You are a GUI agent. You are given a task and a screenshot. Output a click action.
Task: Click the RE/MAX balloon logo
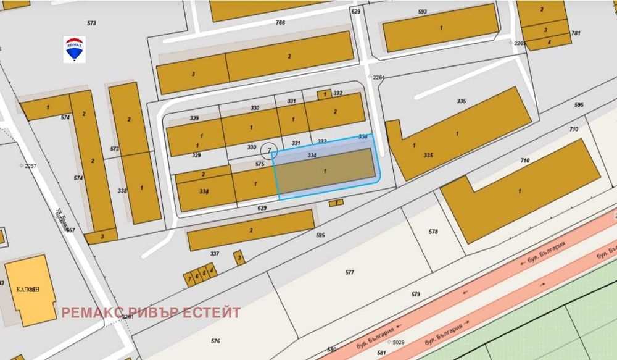click(x=75, y=49)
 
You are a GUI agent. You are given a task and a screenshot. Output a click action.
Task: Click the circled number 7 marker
click(x=267, y=149)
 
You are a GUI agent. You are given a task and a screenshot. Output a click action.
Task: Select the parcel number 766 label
click(x=280, y=23)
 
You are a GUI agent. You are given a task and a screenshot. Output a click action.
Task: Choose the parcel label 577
click(x=350, y=272)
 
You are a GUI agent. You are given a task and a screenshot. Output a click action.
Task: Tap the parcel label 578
click(x=433, y=232)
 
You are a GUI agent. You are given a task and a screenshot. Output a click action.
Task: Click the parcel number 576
click(x=215, y=341)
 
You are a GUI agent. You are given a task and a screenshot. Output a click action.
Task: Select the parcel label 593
click(x=423, y=12)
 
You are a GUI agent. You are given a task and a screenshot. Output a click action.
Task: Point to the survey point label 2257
click(x=30, y=166)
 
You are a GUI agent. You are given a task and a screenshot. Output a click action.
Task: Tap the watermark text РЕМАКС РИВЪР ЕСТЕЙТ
click(x=151, y=312)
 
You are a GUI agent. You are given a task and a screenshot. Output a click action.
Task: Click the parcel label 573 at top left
click(x=92, y=23)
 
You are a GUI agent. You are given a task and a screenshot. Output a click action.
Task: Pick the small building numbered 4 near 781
click(x=549, y=42)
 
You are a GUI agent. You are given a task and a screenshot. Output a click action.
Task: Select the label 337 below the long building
click(x=215, y=254)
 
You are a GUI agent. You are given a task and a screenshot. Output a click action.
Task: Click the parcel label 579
click(x=415, y=295)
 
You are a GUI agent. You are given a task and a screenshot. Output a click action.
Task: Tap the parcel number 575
click(x=260, y=164)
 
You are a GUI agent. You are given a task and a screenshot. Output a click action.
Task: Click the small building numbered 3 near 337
click(x=239, y=257)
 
